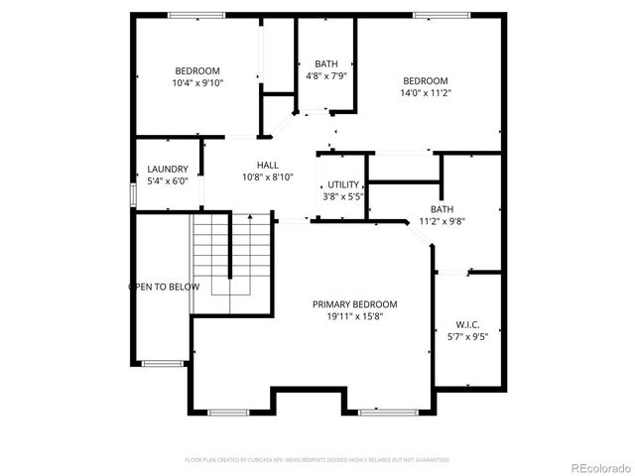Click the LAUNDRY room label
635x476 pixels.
point(168,170)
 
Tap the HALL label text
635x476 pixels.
point(268,166)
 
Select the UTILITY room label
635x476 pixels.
point(343,185)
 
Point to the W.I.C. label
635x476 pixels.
point(467,324)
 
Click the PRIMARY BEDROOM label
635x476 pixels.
point(354,304)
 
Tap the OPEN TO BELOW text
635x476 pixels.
point(164,287)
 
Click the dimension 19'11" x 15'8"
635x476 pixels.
point(354,316)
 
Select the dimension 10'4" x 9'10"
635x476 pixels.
point(197,83)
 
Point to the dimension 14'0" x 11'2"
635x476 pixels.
point(425,93)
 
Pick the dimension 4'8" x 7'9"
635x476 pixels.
point(325,75)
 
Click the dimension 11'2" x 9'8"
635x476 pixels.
point(442,221)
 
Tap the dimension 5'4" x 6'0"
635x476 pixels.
point(168,181)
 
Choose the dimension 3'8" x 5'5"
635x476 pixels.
point(343,197)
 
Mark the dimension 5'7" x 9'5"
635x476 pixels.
point(467,336)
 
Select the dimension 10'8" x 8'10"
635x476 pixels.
point(268,178)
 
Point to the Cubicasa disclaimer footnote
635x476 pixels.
point(317,460)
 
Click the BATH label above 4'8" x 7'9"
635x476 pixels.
point(325,63)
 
